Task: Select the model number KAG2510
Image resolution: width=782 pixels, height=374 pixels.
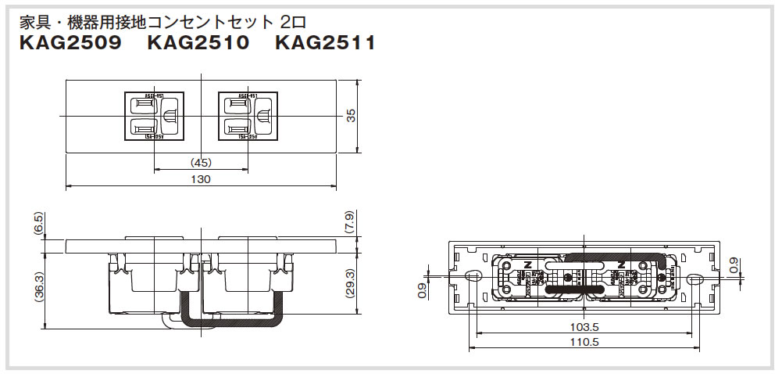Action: point(198,43)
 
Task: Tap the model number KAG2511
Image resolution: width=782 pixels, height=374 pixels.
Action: point(325,43)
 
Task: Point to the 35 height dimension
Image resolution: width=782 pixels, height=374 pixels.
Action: point(352,115)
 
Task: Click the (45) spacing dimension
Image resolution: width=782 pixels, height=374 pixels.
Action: point(201,163)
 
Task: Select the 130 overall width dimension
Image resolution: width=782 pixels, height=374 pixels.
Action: point(201,179)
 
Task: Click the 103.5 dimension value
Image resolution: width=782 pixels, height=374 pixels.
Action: point(580,327)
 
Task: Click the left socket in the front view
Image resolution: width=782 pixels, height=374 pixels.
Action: point(154,116)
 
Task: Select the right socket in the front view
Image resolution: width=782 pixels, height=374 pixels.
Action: point(248,116)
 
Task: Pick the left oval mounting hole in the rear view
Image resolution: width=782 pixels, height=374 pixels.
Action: point(472,276)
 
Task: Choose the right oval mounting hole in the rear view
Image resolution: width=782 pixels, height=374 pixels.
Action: point(692,277)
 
